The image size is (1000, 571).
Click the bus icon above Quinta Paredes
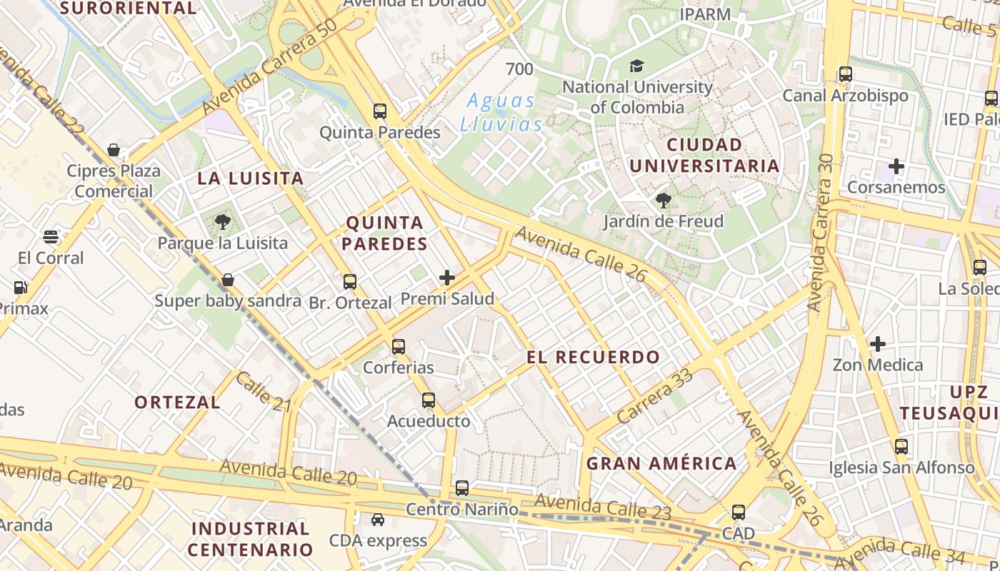tap(380, 111)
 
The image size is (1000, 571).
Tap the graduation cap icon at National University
tap(636, 66)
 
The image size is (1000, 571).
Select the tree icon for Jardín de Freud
tap(664, 201)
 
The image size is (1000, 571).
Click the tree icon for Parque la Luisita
tap(223, 221)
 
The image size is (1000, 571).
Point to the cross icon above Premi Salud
tap(447, 278)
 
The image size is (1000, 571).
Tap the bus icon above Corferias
tap(399, 347)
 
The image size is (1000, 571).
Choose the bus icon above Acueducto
tap(429, 400)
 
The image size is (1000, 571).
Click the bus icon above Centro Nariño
tap(462, 489)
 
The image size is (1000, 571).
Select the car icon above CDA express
tap(378, 520)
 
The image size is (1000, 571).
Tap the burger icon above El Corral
tap(51, 237)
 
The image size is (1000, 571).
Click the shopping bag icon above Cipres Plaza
tap(114, 150)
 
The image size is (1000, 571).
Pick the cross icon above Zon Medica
tap(878, 344)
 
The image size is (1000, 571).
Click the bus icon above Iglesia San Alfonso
tap(901, 447)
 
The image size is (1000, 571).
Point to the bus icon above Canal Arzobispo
tap(846, 74)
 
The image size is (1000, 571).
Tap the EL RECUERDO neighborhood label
tap(594, 357)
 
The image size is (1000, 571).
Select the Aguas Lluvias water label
tap(501, 112)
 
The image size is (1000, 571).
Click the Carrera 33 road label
tap(655, 396)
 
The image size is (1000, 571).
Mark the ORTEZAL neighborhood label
tap(178, 402)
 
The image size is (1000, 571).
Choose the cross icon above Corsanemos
tap(896, 167)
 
